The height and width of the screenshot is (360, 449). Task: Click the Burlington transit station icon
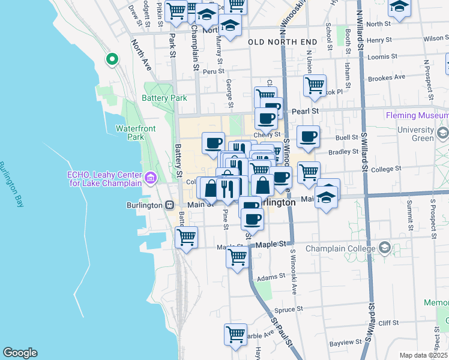(x=170, y=205)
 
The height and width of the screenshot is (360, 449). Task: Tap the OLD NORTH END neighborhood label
(x=282, y=41)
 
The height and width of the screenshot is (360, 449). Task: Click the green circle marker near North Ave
(x=112, y=59)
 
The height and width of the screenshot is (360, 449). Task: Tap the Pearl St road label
(x=305, y=112)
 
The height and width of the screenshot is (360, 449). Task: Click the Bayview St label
(x=346, y=343)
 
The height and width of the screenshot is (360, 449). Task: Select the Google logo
(x=20, y=353)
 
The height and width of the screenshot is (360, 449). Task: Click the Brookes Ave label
(x=387, y=77)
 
